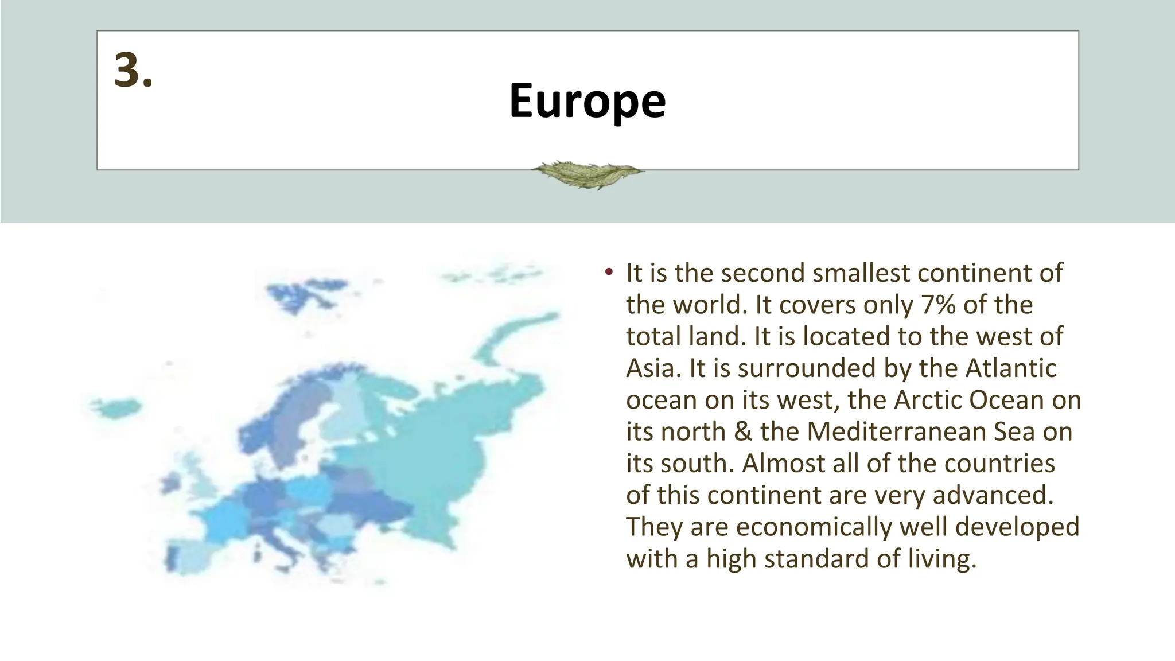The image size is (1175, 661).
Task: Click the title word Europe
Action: click(587, 101)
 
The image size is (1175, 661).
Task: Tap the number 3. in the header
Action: click(133, 71)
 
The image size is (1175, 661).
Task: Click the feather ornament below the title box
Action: click(587, 173)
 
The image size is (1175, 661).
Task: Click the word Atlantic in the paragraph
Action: click(1011, 368)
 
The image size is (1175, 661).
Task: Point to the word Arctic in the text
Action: click(927, 400)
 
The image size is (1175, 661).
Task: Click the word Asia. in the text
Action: click(653, 368)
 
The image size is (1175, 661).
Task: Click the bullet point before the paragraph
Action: click(608, 272)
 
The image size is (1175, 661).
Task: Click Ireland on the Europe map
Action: click(172, 483)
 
